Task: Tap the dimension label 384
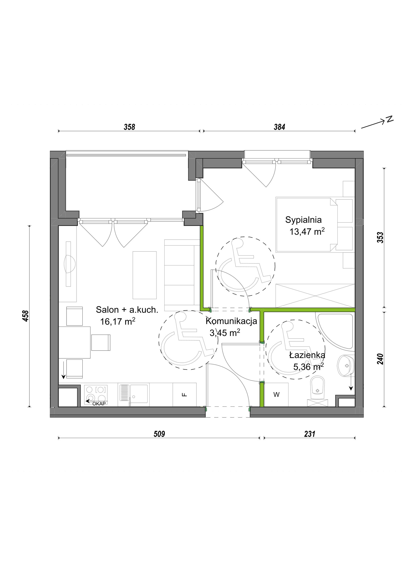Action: (279, 127)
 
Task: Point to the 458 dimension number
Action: (26, 316)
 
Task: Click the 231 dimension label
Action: (310, 434)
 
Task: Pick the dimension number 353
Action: (380, 238)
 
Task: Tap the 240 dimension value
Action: (380, 359)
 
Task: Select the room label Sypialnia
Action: (303, 220)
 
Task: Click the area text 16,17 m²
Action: (118, 321)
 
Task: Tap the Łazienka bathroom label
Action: (307, 355)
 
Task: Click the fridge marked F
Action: (185, 395)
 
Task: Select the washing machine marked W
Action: (276, 395)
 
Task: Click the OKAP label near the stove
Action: (99, 404)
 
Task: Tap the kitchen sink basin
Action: (139, 394)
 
